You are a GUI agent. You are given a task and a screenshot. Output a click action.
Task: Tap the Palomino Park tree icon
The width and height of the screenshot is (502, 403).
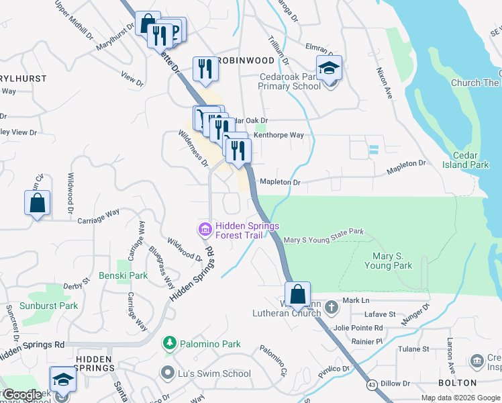coord(170,344)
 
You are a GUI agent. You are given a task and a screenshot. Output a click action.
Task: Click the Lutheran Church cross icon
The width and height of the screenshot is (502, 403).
coord(332,307)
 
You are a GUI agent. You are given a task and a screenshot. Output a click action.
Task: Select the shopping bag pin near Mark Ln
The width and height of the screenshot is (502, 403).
coord(297,294)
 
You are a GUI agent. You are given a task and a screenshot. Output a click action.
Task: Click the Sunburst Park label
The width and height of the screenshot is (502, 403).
coord(49,306)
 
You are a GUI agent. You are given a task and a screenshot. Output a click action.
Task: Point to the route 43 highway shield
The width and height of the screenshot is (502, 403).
coord(371,385)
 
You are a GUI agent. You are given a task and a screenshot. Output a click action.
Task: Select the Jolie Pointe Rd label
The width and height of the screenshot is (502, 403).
coord(360,328)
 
